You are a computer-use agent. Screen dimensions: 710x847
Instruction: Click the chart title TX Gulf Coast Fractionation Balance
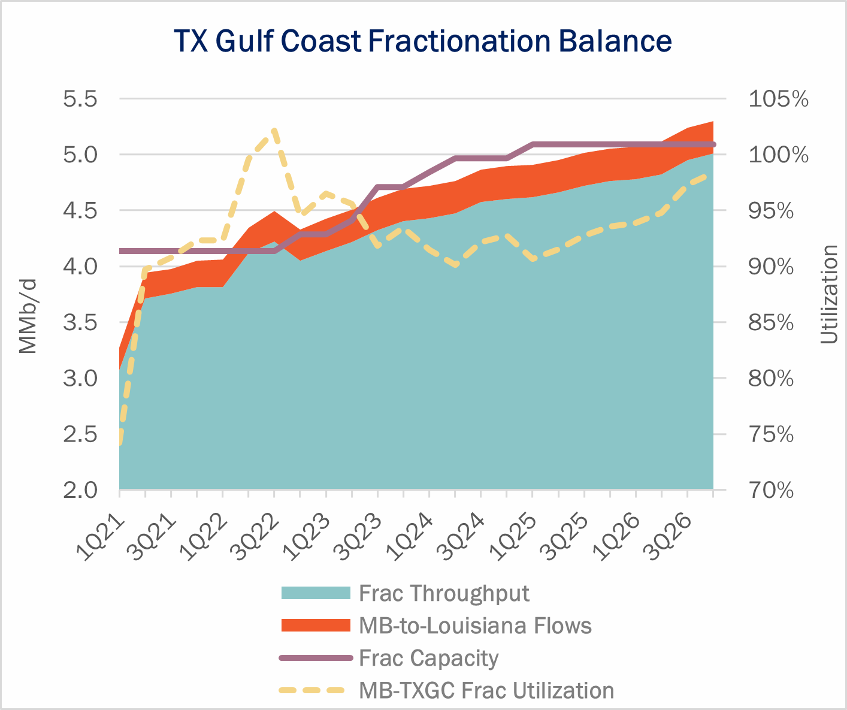[423, 41]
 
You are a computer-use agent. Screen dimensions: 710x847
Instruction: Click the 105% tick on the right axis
[778, 99]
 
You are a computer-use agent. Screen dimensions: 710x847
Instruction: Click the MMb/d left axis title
[28, 315]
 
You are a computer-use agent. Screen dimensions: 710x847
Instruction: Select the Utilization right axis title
[830, 294]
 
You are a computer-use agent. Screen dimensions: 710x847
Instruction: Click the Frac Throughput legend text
[444, 593]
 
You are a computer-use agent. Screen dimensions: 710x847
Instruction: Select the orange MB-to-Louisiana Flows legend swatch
[315, 626]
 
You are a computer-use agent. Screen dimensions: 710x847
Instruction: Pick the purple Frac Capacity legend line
[315, 658]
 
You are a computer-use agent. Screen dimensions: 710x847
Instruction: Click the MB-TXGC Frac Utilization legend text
[486, 690]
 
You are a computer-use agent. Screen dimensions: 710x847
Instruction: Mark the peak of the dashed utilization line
[274, 130]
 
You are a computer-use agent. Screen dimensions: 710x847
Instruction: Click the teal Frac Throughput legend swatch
[315, 593]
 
